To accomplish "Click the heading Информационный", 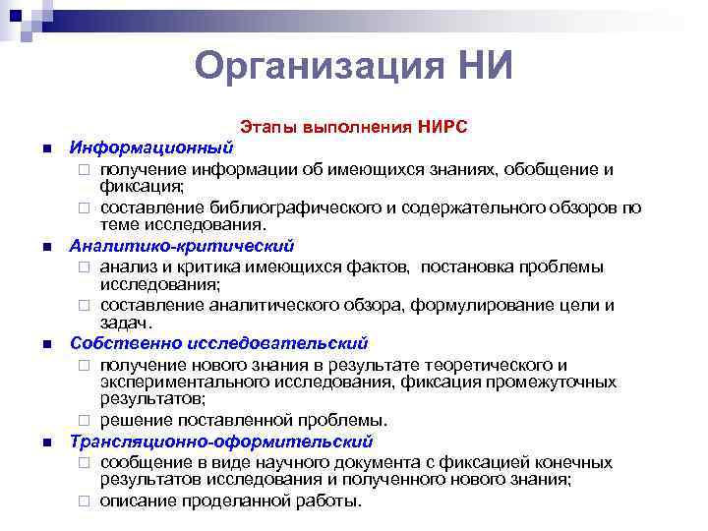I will click(150, 147).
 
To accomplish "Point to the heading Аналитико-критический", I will click(181, 246).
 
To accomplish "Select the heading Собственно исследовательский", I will click(218, 343).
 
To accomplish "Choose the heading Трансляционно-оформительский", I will click(221, 442).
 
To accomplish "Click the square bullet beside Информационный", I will click(46, 148).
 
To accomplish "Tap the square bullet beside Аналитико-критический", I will click(46, 247).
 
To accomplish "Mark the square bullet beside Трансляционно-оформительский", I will click(46, 442).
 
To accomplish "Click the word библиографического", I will click(280, 207).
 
